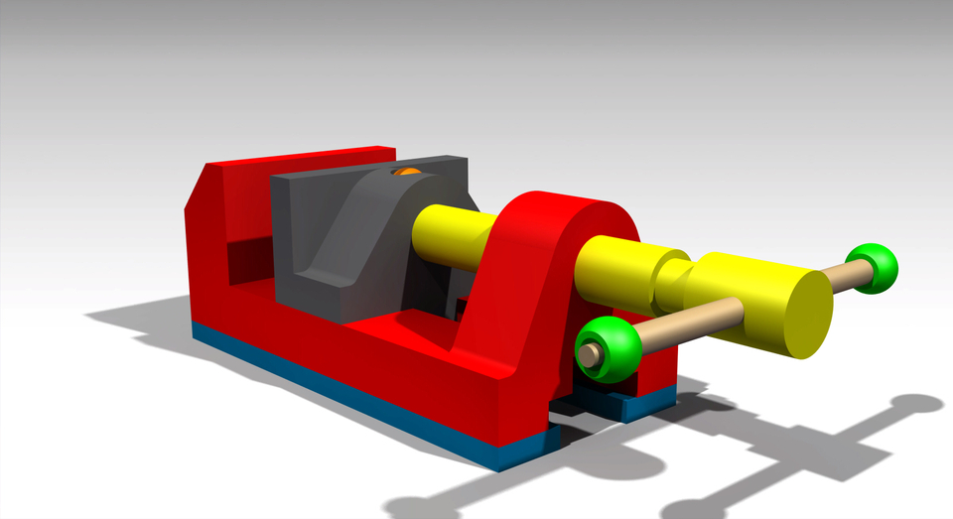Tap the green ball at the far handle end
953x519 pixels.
point(874,268)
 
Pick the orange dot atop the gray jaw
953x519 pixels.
point(406,173)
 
